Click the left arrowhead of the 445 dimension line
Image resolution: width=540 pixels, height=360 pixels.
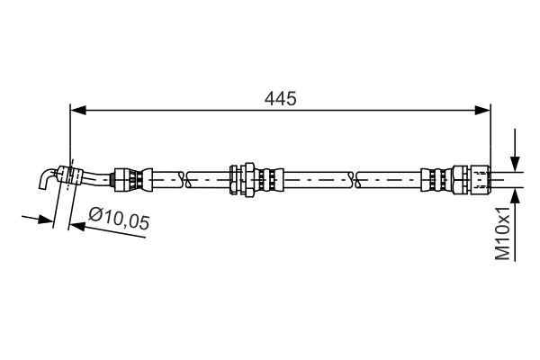[x=76, y=110]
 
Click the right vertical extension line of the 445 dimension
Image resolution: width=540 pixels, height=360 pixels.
[x=490, y=135]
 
